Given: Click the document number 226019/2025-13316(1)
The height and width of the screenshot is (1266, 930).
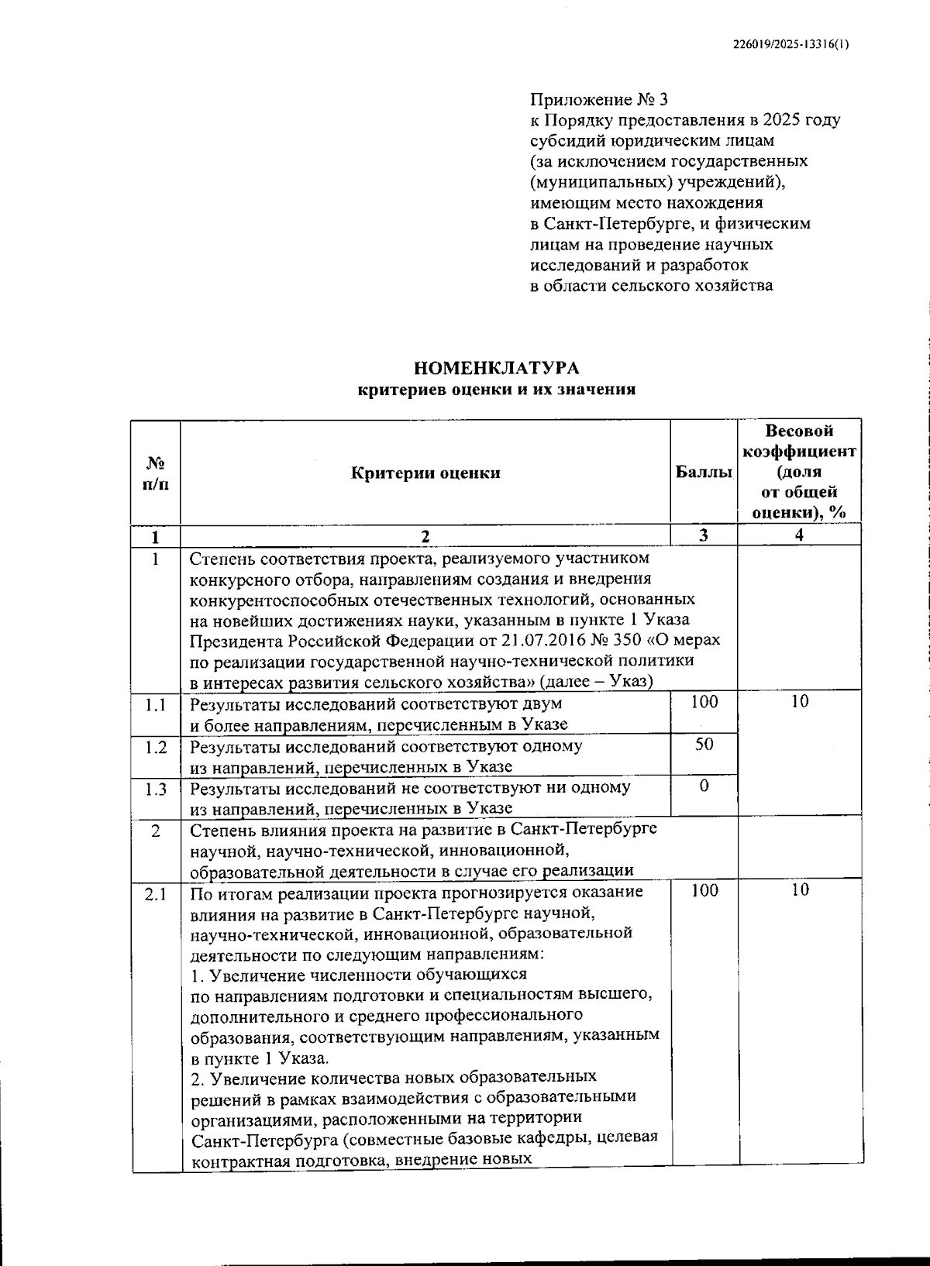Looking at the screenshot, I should pyautogui.click(x=790, y=45).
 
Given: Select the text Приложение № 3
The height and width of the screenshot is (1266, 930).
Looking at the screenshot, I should pyautogui.click(x=598, y=100).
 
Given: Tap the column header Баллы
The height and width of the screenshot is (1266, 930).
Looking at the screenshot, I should pyautogui.click(x=703, y=472).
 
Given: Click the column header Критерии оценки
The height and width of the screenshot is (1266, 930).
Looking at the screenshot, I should pyautogui.click(x=425, y=473).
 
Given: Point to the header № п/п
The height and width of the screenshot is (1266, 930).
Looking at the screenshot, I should pyautogui.click(x=156, y=472).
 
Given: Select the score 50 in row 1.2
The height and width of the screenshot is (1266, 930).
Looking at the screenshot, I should pyautogui.click(x=704, y=744).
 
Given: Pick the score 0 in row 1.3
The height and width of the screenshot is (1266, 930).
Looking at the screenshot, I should pyautogui.click(x=704, y=786).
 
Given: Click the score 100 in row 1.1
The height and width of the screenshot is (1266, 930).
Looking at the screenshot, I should pyautogui.click(x=704, y=702).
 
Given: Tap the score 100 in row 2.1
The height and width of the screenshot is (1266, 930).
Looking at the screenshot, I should pyautogui.click(x=704, y=891).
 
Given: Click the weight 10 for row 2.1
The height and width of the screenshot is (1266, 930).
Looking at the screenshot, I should pyautogui.click(x=800, y=891).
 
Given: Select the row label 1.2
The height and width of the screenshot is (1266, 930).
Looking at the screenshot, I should pyautogui.click(x=156, y=747).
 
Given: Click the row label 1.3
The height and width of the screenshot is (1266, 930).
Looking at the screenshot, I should pyautogui.click(x=156, y=789).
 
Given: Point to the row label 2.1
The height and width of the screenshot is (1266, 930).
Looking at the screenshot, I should pyautogui.click(x=156, y=894).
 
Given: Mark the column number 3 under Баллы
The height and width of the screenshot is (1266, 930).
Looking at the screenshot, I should pyautogui.click(x=703, y=535).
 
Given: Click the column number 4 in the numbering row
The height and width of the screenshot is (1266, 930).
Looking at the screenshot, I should pyautogui.click(x=799, y=535).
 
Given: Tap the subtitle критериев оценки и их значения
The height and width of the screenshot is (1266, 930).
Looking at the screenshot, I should pyautogui.click(x=496, y=390).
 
